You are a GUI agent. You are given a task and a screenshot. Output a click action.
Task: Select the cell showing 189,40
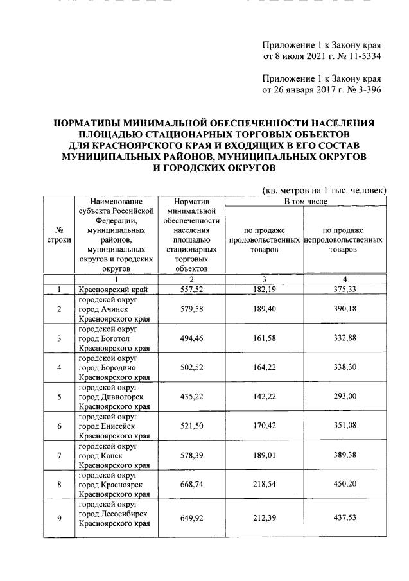[265, 309]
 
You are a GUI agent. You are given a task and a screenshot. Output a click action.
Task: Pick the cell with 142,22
[265, 397]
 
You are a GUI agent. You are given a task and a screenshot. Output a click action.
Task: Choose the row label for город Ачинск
[112, 309]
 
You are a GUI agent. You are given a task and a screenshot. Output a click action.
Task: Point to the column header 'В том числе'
[306, 202]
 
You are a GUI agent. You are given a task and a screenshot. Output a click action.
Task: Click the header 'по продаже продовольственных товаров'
[265, 239]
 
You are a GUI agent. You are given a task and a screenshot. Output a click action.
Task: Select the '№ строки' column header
[59, 235]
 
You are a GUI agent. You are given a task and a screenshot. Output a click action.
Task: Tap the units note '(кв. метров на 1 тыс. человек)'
[324, 190]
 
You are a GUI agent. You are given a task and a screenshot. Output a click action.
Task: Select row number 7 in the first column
[59, 456]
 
